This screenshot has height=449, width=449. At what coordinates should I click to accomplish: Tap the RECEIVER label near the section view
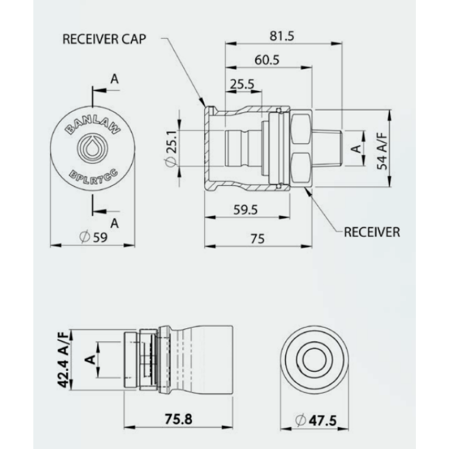[x=373, y=231]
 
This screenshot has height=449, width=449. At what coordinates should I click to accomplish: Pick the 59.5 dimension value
[x=245, y=210]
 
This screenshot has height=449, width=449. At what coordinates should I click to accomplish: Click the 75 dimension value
[x=258, y=239]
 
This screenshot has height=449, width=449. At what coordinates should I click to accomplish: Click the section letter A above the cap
[x=114, y=79]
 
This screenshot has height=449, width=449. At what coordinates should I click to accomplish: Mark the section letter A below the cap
[x=114, y=223]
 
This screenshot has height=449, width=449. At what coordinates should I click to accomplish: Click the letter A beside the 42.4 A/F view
[x=89, y=359]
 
